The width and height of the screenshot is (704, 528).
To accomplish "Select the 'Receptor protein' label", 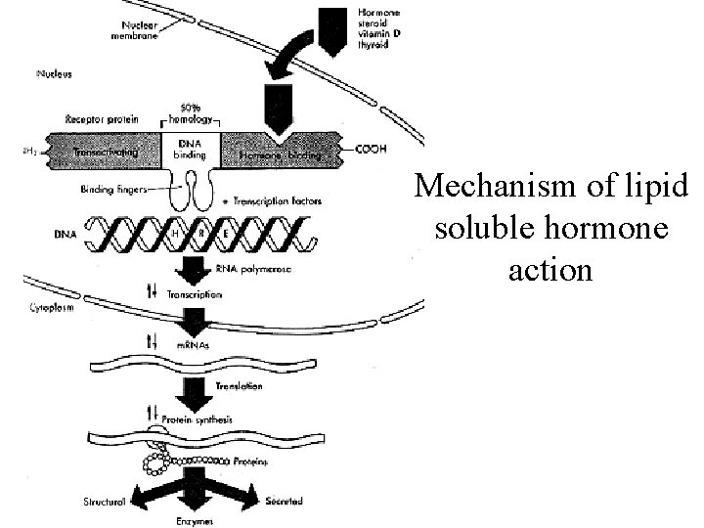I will pyautogui.click(x=102, y=119).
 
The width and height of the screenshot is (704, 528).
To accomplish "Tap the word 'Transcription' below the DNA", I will pyautogui.click(x=195, y=293).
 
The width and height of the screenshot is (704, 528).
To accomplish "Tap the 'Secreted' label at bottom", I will pyautogui.click(x=283, y=501).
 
